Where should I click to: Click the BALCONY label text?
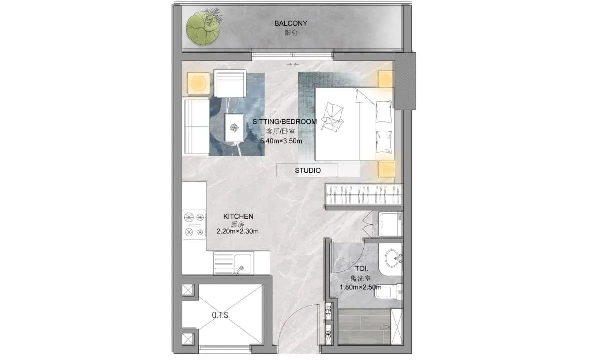coord(291,23)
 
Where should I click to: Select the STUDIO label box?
coord(307,170)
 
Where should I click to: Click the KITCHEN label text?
coord(238,216)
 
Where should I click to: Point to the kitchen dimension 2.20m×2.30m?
coord(237,231)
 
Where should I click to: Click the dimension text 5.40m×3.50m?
coord(281,141)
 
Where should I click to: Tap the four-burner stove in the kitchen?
coord(194,224)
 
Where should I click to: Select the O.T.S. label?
coord(221,315)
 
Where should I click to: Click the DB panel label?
coord(328,334)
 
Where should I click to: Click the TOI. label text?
coord(362,268)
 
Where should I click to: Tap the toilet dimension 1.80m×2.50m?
coord(361,287)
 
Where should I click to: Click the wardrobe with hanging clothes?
coord(364,194)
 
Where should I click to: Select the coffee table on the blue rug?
coord(234,128)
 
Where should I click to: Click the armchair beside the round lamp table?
coord(230,84)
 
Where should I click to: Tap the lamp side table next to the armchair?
coord(198,83)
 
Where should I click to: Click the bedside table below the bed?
coord(386,169)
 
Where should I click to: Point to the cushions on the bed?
coord(332,117)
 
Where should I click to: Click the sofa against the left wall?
coord(196,126)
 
